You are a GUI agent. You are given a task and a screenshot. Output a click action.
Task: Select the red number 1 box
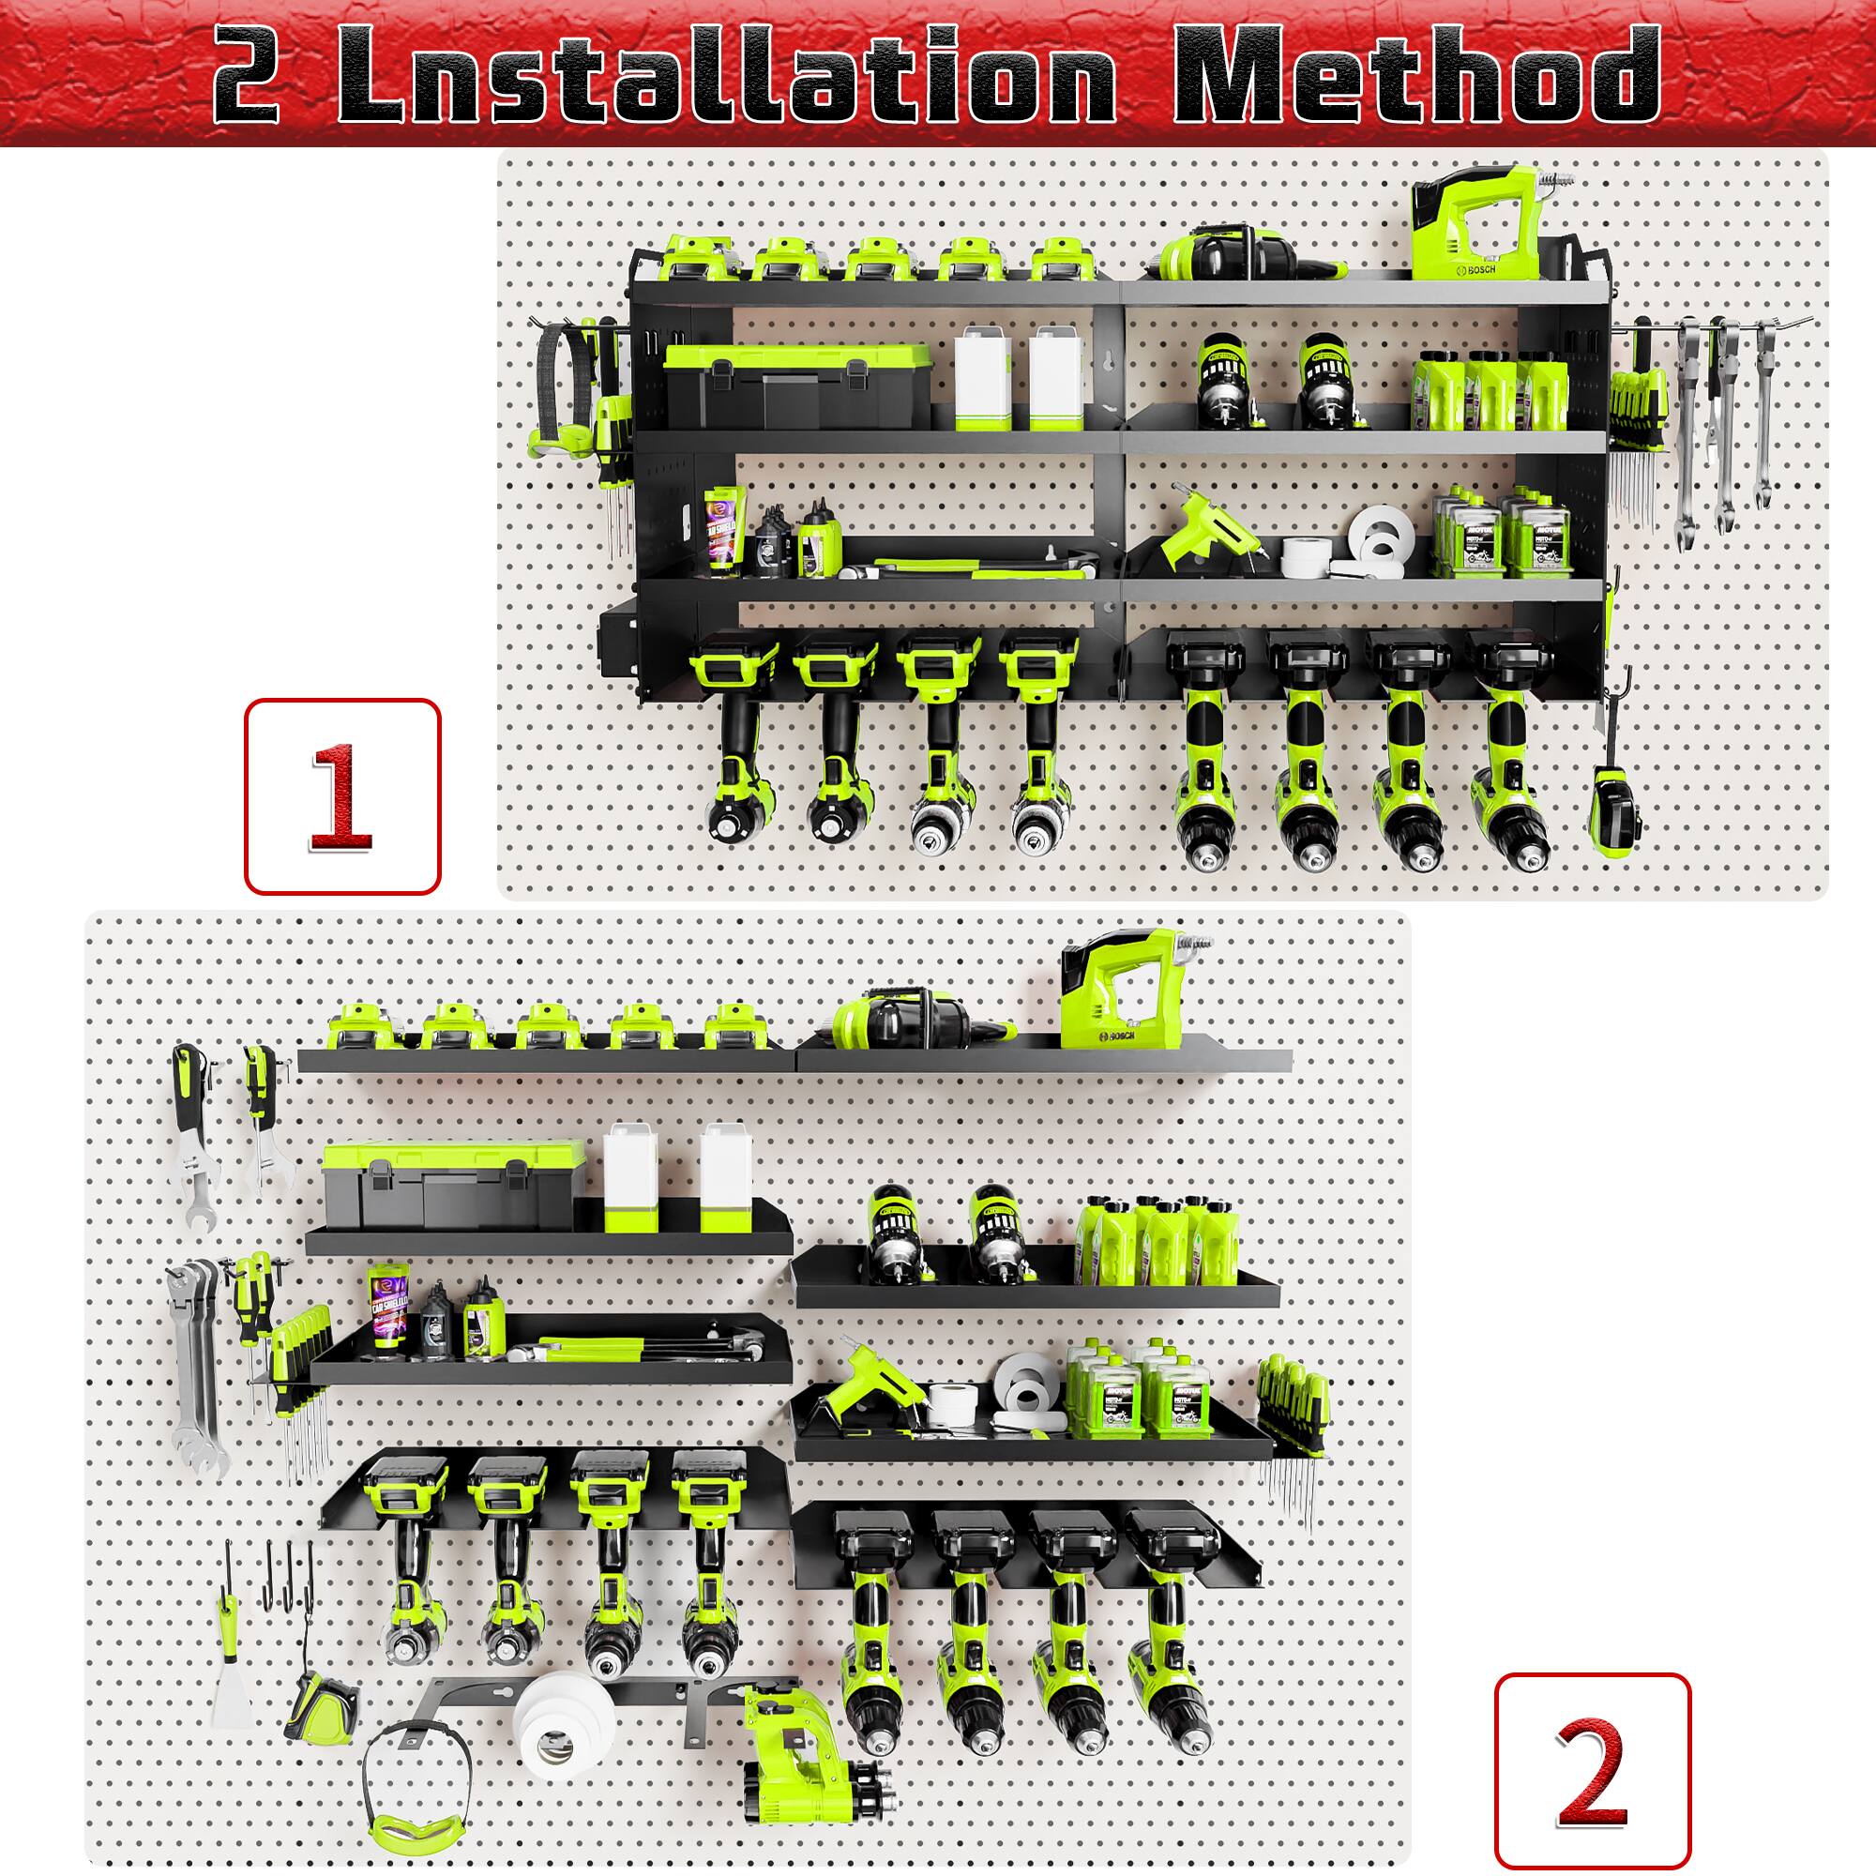point(341,795)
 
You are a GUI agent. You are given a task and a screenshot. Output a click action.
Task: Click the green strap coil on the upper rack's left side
point(559,388)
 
